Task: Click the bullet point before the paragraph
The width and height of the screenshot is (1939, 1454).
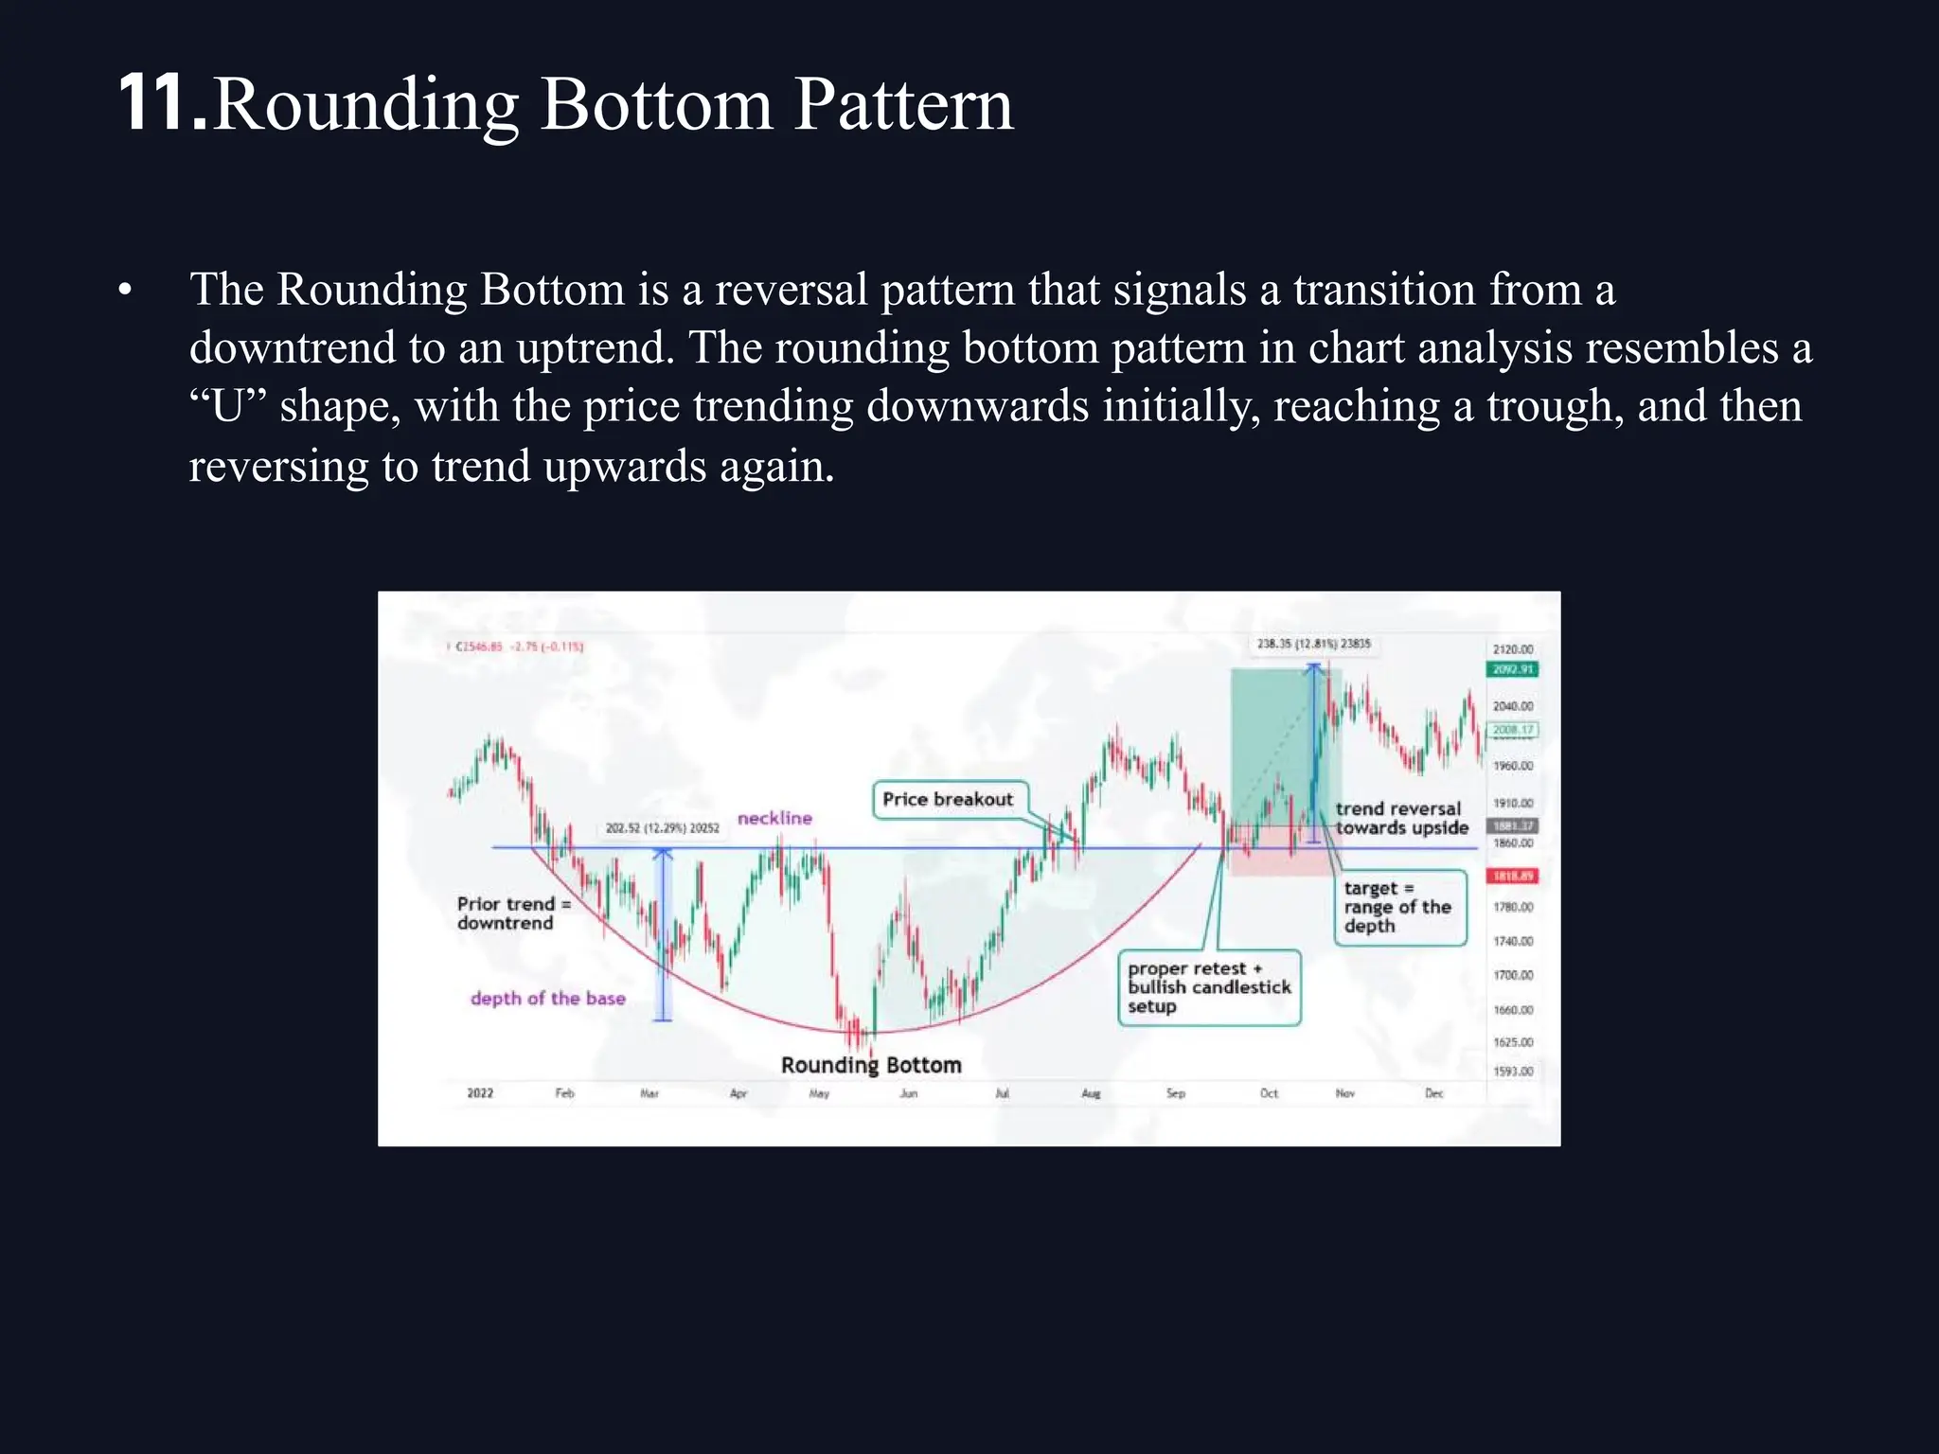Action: pos(125,290)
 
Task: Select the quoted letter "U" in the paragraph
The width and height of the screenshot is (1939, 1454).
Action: pos(227,407)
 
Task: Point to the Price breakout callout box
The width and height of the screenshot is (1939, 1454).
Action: pos(948,799)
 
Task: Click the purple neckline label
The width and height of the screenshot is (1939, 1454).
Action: pos(774,818)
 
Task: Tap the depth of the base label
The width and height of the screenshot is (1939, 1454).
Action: pos(547,998)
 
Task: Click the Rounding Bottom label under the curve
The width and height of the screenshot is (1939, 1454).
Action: pos(871,1065)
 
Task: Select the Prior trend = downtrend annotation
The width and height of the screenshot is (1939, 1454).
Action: pos(512,913)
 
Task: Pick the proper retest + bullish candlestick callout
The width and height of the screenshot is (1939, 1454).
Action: pos(1209,987)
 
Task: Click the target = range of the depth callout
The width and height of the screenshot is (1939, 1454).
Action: pos(1398,907)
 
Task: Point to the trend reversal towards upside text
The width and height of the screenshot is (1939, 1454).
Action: pos(1401,818)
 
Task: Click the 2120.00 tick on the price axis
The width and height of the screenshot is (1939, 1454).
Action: pos(1512,649)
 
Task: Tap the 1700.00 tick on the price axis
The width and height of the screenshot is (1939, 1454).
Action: pos(1512,975)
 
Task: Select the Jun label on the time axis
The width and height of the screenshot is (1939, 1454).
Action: pos(908,1093)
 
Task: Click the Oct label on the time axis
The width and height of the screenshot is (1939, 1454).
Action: pos(1269,1093)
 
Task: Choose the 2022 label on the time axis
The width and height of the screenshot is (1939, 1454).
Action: pos(480,1093)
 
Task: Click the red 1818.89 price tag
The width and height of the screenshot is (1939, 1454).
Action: pos(1512,876)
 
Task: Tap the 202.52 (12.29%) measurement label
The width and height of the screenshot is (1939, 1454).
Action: pos(662,828)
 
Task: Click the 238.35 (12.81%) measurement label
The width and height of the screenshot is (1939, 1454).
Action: pos(1313,644)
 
